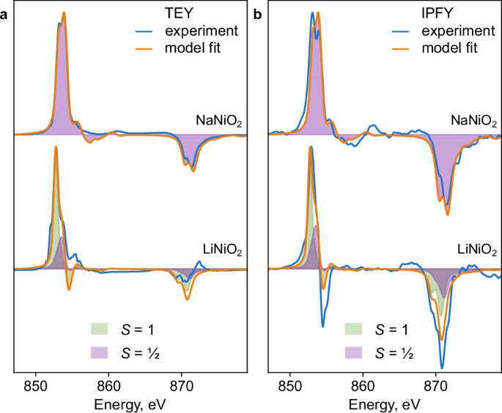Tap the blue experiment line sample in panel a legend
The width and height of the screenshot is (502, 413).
pyautogui.click(x=144, y=31)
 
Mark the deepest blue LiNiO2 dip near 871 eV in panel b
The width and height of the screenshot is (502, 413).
pyautogui.click(x=442, y=368)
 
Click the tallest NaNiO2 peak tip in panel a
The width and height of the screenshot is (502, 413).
pyautogui.click(x=64, y=12)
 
